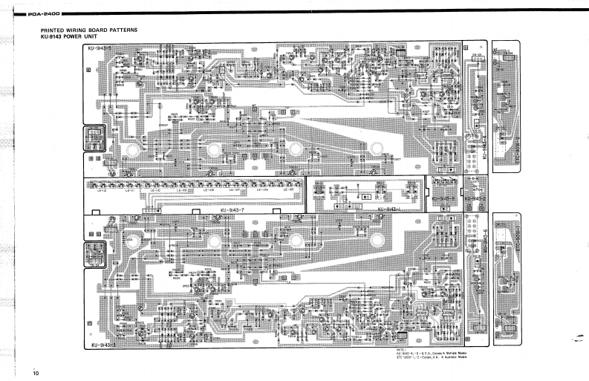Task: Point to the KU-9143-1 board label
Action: [x=391, y=209]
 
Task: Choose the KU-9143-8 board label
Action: [x=445, y=200]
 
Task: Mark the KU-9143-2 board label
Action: [x=474, y=200]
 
